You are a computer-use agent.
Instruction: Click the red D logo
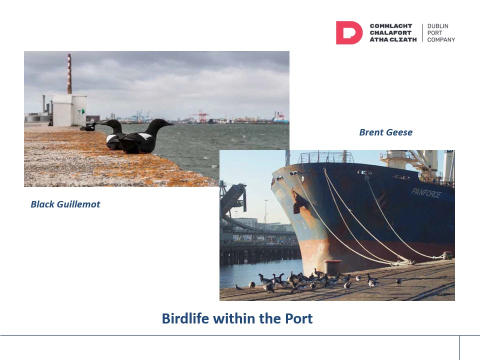(x=349, y=33)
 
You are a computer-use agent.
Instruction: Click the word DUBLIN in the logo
(x=438, y=26)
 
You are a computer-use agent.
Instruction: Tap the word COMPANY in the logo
(x=441, y=40)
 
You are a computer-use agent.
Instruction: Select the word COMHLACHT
(x=391, y=26)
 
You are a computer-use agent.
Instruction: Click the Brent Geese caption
(x=385, y=132)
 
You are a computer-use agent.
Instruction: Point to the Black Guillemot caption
(x=65, y=204)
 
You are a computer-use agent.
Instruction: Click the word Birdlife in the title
(x=185, y=318)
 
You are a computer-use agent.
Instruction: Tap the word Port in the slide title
(x=299, y=318)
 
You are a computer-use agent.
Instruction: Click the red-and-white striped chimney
(x=69, y=74)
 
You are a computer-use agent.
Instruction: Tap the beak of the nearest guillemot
(x=169, y=124)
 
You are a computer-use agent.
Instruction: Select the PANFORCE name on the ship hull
(x=426, y=193)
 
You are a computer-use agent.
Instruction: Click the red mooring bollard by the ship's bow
(x=333, y=266)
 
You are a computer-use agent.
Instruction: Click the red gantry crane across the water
(x=201, y=116)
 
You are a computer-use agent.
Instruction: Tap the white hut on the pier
(x=70, y=110)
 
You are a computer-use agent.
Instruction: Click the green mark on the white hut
(x=81, y=111)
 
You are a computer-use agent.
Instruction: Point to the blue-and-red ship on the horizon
(x=280, y=117)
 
